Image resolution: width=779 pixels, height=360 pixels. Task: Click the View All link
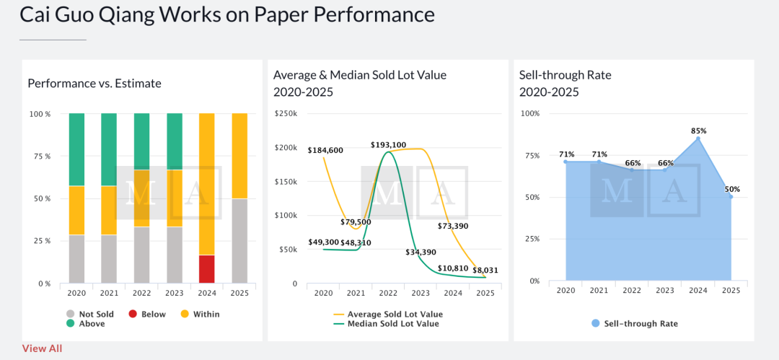point(42,348)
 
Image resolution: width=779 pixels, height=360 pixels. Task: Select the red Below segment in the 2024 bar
point(206,269)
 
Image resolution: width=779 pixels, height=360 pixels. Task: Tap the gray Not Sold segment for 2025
point(239,240)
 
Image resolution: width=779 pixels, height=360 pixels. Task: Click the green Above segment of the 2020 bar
point(76,149)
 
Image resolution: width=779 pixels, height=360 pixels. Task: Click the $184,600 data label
point(325,151)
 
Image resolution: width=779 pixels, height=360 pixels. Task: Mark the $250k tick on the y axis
point(286,114)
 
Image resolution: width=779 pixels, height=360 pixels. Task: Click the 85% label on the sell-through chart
point(698,131)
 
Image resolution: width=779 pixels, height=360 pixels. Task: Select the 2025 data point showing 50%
point(731,196)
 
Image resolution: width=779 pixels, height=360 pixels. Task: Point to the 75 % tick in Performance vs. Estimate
point(40,156)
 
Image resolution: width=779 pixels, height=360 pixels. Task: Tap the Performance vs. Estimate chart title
point(94,84)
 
